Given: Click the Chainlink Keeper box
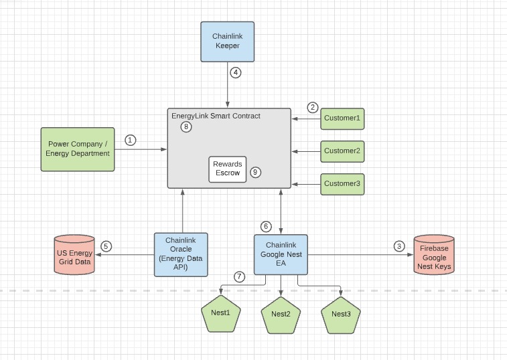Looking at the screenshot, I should tap(227, 41).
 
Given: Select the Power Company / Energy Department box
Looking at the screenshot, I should tap(78, 149).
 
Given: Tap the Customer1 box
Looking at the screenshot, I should tap(342, 118).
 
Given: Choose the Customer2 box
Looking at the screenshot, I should tap(342, 151).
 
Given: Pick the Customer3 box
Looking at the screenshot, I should tap(342, 183).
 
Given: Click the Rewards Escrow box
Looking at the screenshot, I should tap(227, 169).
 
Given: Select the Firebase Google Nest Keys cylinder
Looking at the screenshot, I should tap(433, 254).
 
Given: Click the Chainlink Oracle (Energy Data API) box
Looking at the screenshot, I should tap(181, 254).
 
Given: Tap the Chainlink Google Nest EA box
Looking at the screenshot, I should tap(281, 254).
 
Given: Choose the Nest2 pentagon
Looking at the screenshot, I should tap(281, 314).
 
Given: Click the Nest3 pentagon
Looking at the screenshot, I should tap(341, 314).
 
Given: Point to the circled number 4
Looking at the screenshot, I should tap(235, 73).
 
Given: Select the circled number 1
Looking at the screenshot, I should tap(131, 140).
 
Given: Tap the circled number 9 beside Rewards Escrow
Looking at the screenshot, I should tap(255, 172).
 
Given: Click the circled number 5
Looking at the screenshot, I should tap(106, 246).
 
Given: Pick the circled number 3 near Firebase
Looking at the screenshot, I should tap(400, 246).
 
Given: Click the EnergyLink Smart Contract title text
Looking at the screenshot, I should tap(216, 116).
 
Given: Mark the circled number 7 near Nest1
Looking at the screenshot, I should tap(239, 276).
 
